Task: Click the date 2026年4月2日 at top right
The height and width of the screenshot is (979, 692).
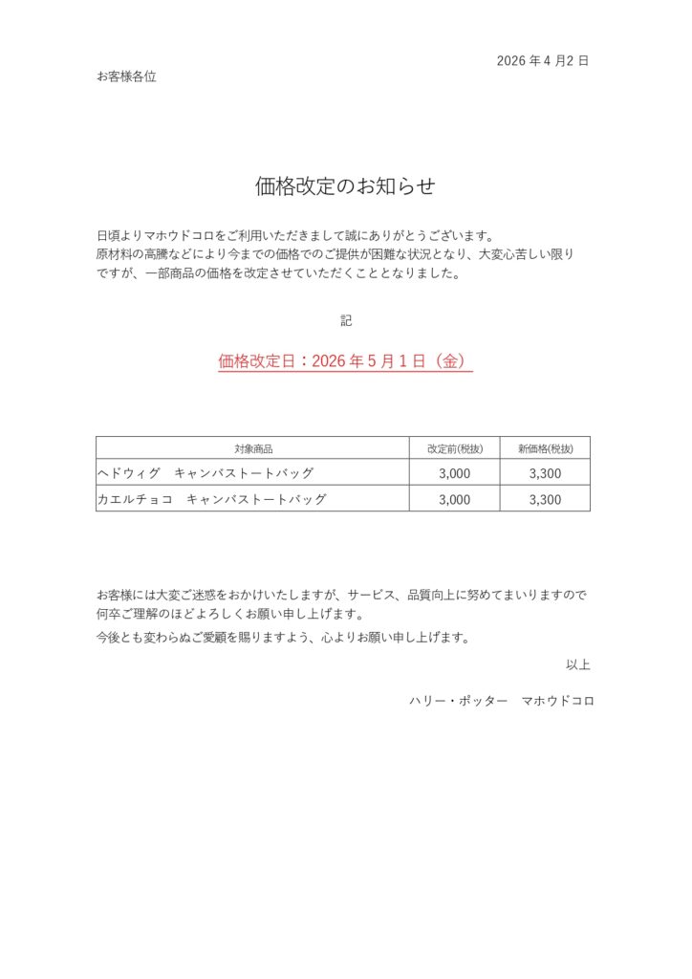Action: point(542,60)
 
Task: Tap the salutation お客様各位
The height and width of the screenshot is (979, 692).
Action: point(126,76)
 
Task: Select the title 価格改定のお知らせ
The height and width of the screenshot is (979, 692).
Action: point(345,186)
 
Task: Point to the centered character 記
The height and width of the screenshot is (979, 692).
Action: point(346,320)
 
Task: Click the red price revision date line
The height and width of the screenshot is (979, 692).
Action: point(345,361)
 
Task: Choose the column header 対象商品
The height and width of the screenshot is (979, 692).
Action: point(253,448)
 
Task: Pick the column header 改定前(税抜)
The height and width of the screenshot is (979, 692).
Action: point(454,448)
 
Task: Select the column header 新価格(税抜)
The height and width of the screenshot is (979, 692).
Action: point(545,448)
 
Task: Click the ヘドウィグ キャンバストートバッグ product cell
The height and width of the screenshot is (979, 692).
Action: point(205,472)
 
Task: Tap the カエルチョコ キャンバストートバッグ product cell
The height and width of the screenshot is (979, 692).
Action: point(212,498)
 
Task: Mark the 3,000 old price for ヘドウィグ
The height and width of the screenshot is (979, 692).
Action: point(454,473)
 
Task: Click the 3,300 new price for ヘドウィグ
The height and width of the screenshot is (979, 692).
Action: point(545,473)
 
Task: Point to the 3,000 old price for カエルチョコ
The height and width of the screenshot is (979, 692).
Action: point(454,499)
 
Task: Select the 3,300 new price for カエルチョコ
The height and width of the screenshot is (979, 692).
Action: point(545,499)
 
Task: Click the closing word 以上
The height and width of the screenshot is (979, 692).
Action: point(577,664)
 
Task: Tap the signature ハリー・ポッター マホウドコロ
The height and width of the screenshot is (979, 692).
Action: point(501,701)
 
